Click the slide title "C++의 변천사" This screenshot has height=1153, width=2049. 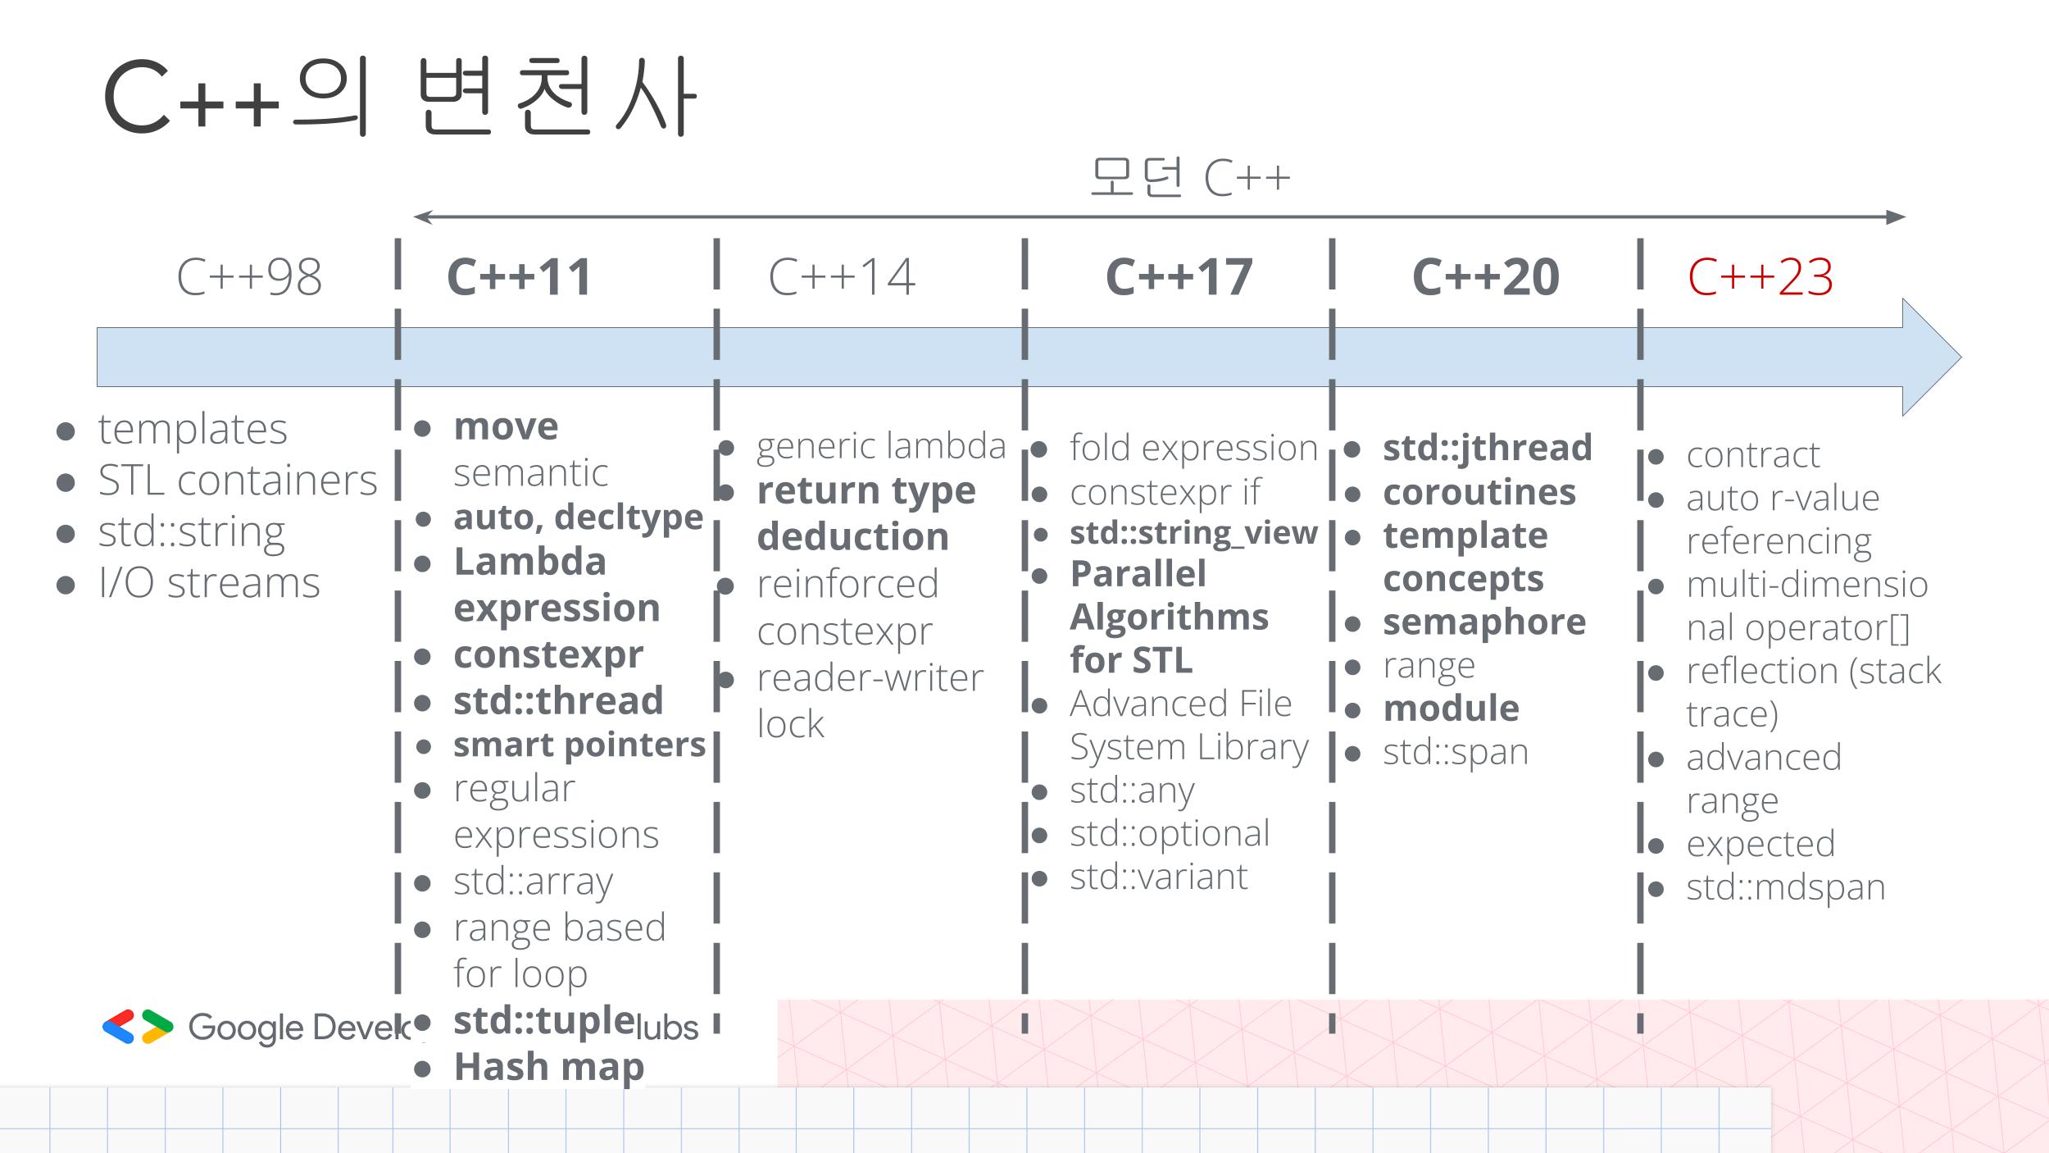[x=400, y=97]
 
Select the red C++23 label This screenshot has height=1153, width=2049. [x=1760, y=277]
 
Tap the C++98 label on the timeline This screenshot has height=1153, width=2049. [x=249, y=277]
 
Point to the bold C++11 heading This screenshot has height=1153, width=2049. [x=519, y=277]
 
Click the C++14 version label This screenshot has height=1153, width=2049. [x=842, y=277]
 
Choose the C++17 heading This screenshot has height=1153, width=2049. [x=1179, y=277]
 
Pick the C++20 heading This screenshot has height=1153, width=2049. [x=1485, y=277]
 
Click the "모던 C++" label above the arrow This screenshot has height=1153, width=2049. [x=1189, y=177]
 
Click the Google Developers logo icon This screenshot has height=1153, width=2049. [x=138, y=1027]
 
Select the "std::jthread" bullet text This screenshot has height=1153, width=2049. [x=1487, y=448]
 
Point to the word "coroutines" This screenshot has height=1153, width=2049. [x=1479, y=492]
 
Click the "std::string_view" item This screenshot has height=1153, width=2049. [x=1193, y=533]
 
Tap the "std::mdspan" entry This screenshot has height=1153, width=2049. [x=1785, y=887]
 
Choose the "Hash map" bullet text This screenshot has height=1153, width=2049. [x=549, y=1067]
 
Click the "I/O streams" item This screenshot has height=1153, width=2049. [x=209, y=583]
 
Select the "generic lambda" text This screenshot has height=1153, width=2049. [x=880, y=446]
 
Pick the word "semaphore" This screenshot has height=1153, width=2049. [x=1484, y=622]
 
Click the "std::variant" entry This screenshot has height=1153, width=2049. [x=1158, y=877]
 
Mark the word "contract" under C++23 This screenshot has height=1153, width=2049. [x=1752, y=454]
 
